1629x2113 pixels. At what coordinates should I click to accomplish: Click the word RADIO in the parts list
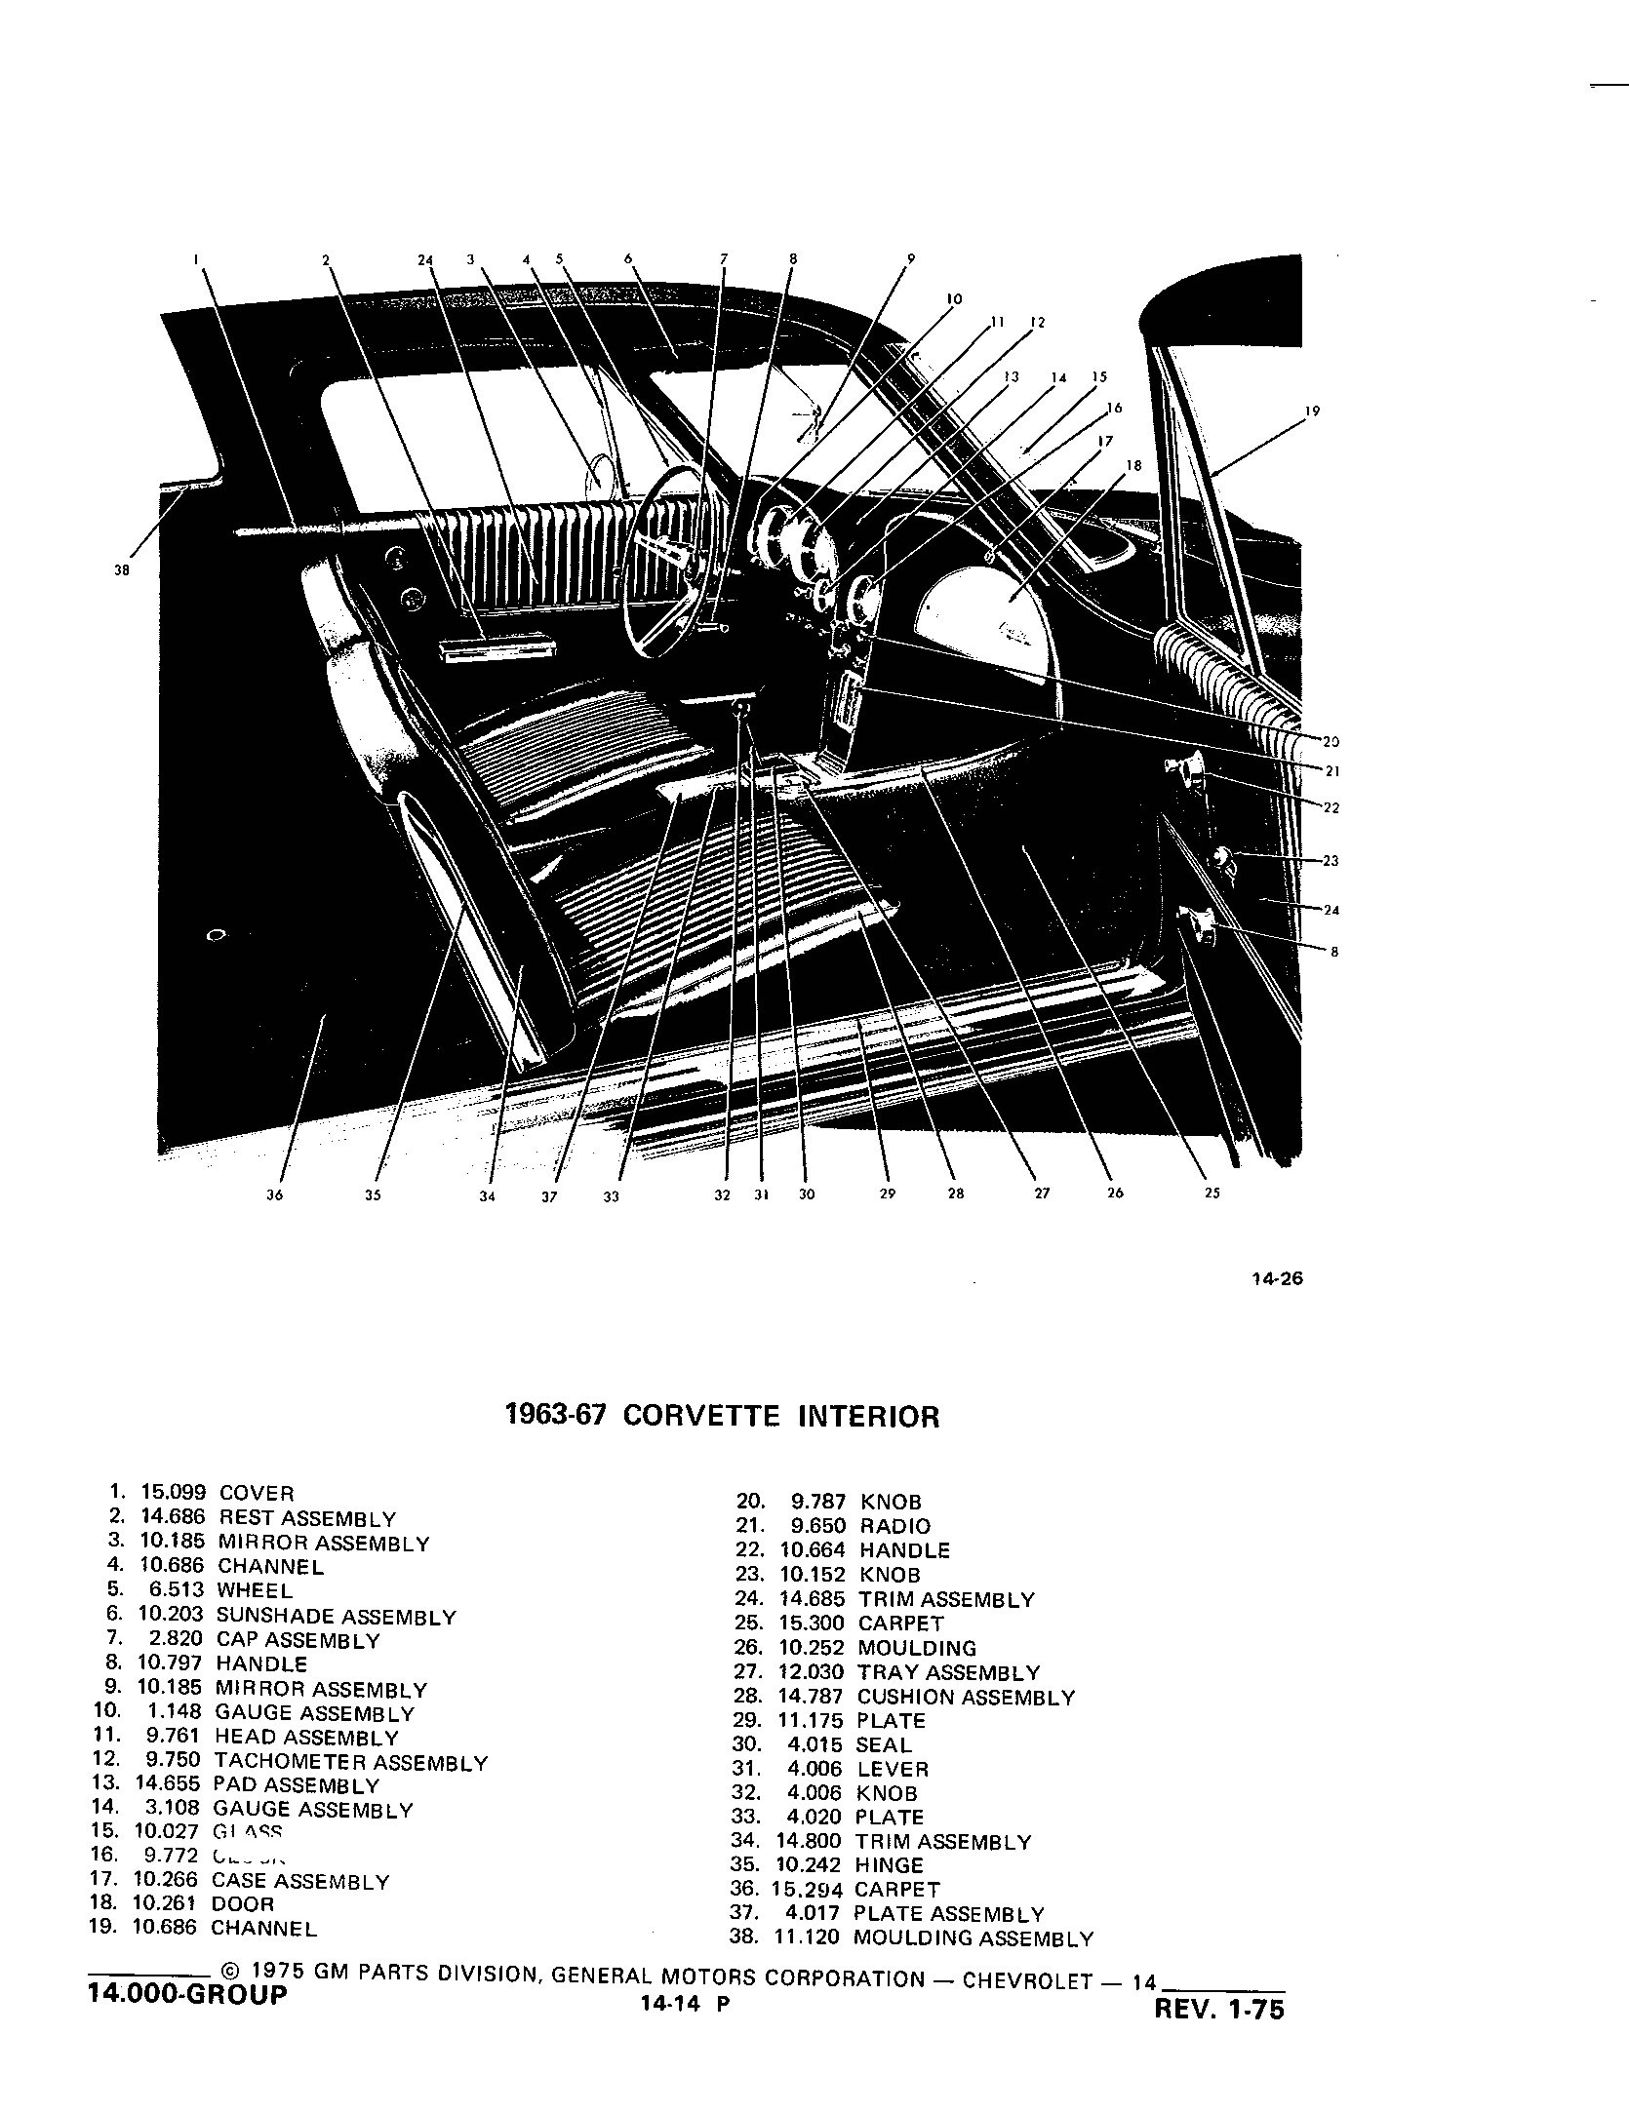894,1526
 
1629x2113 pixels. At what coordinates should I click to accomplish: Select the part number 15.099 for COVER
174,1493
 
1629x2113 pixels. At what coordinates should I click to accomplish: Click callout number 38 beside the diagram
122,571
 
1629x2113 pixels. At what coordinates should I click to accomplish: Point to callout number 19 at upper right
1312,411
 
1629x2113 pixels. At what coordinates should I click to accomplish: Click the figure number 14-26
1277,1279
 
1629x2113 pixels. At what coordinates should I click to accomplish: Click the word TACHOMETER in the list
290,1763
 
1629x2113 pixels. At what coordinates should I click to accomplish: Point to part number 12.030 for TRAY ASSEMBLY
811,1673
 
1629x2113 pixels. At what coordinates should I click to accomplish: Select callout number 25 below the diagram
1212,1193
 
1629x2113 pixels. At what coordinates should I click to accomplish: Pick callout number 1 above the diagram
197,259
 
